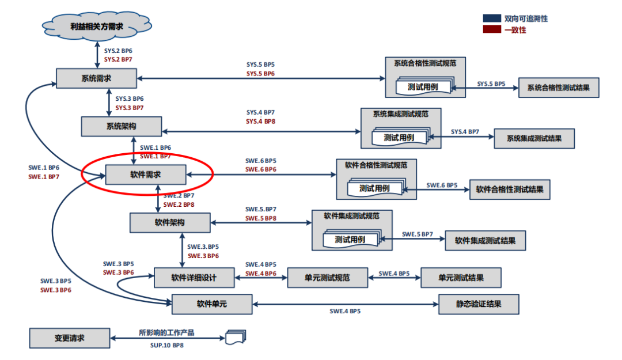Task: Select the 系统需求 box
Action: (97, 78)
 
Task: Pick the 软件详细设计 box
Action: (194, 278)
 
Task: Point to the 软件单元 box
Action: (212, 304)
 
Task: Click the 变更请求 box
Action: (69, 338)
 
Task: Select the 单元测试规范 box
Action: (327, 278)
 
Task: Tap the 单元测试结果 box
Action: (461, 278)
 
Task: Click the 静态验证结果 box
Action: (479, 304)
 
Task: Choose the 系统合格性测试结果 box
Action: (559, 88)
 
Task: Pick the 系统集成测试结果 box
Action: (534, 138)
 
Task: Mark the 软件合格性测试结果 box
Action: (510, 189)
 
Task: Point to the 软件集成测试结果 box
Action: (486, 240)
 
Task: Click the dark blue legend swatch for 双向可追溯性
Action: (492, 19)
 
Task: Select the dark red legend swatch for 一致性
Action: (492, 30)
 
